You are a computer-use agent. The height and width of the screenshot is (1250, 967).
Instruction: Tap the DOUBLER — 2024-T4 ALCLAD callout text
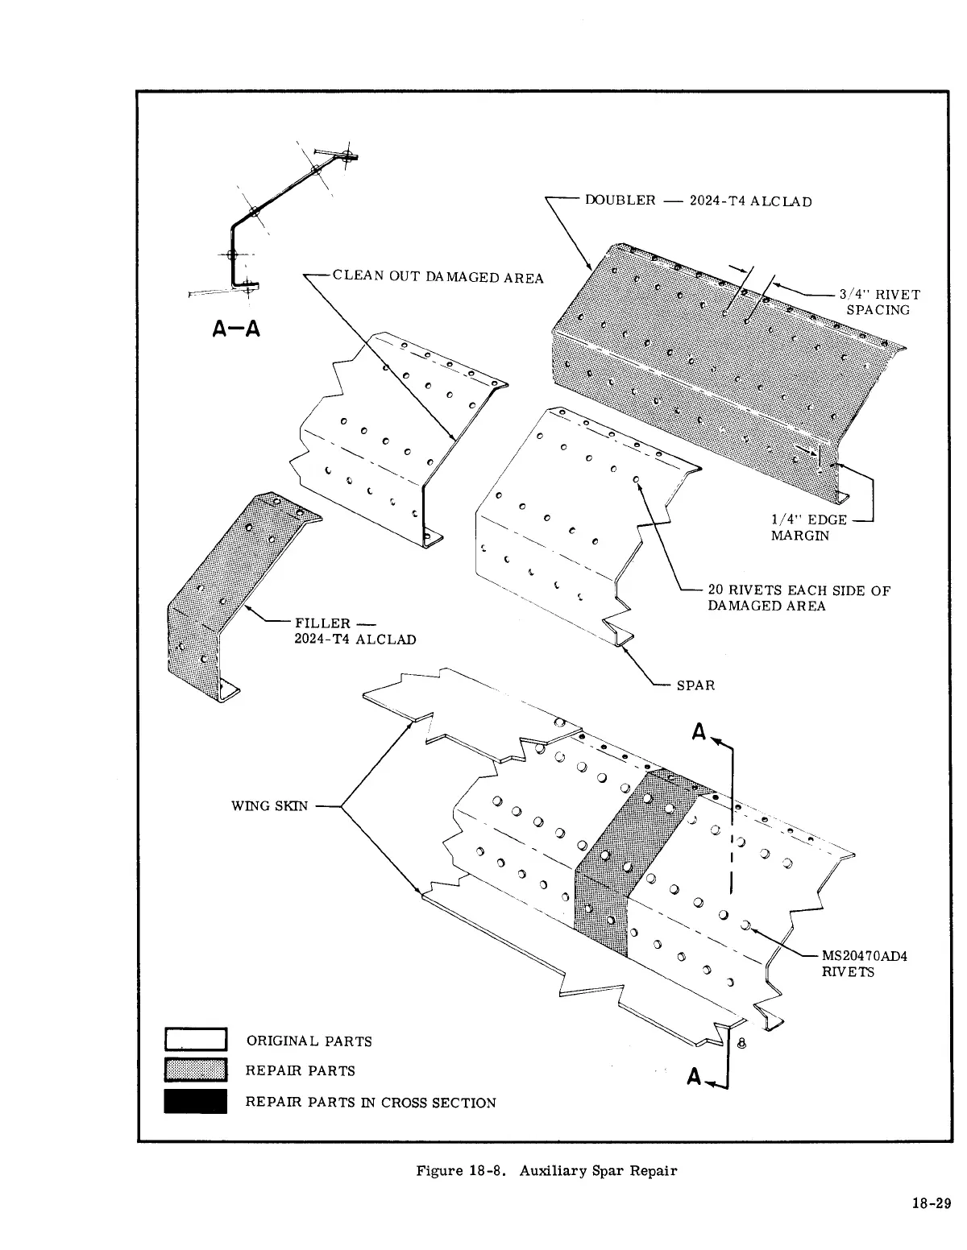tap(698, 201)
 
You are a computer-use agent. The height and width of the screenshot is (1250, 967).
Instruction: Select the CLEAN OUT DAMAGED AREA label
tap(438, 277)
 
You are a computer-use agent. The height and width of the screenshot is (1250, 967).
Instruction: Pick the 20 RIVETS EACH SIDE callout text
tap(798, 598)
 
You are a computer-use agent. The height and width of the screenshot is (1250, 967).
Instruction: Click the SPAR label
tap(695, 685)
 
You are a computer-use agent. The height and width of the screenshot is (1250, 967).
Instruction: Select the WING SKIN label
tap(269, 805)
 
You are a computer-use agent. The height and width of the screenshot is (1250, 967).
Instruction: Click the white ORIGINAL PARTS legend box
tap(195, 1040)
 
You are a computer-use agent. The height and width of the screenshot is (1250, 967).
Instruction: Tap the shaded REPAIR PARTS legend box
tap(195, 1070)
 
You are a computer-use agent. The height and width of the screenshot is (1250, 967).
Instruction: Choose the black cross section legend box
tap(195, 1101)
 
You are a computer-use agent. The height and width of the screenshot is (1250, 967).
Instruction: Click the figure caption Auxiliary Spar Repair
tap(546, 1170)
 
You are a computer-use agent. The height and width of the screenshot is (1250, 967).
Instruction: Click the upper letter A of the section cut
tap(699, 733)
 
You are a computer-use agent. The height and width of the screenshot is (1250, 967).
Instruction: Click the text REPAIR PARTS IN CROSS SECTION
tap(371, 1102)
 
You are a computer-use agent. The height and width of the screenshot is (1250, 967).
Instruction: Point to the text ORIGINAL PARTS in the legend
tap(309, 1041)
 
